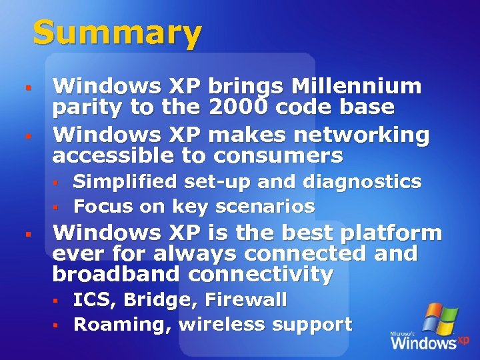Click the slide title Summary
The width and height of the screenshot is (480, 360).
click(117, 33)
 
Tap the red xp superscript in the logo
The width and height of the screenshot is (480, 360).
click(463, 339)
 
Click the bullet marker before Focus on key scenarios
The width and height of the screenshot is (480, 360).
click(57, 207)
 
